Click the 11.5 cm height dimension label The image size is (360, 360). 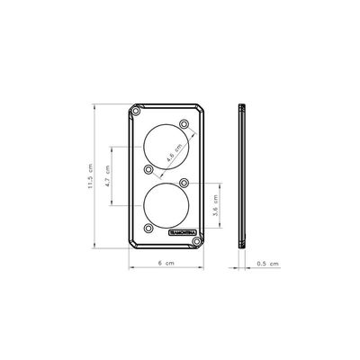click(91, 176)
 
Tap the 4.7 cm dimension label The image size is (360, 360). click(108, 176)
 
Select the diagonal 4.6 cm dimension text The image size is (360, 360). click(175, 153)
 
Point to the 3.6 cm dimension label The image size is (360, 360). click(215, 205)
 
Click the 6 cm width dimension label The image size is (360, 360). click(166, 263)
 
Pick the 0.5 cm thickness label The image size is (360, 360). click(267, 264)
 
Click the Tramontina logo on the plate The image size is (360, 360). click(183, 232)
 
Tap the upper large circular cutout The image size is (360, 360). click(166, 147)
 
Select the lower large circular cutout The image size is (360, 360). click(166, 205)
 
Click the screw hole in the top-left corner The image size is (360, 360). click(136, 112)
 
